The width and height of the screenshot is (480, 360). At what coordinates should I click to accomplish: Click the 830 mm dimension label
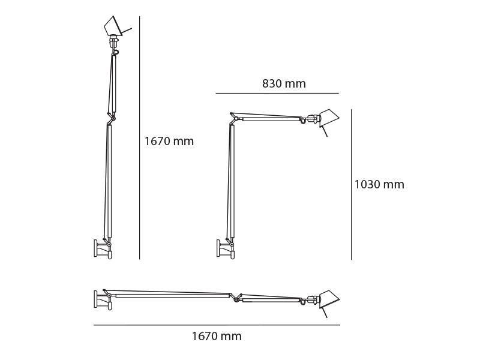click(x=284, y=84)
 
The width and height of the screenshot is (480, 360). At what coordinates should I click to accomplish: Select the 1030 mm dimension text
click(x=379, y=185)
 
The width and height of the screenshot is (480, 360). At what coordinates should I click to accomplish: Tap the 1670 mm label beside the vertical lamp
click(x=169, y=142)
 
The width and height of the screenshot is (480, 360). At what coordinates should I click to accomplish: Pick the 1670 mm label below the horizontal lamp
click(x=217, y=337)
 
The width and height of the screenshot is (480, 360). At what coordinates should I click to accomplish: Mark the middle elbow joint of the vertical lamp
click(x=110, y=118)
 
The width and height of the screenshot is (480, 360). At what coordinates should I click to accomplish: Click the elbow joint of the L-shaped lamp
click(x=232, y=119)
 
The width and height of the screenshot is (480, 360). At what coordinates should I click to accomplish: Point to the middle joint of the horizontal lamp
click(x=236, y=298)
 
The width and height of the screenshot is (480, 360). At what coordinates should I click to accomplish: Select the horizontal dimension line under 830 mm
click(x=277, y=94)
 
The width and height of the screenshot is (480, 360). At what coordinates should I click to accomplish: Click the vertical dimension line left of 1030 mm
click(x=351, y=185)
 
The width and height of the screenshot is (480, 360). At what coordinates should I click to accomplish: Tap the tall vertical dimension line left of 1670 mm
click(x=140, y=138)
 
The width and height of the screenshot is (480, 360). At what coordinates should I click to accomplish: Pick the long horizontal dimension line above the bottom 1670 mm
click(x=217, y=325)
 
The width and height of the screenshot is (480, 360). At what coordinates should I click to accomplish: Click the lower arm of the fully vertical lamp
click(x=109, y=180)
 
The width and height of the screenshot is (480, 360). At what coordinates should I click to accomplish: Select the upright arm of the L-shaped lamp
click(x=231, y=180)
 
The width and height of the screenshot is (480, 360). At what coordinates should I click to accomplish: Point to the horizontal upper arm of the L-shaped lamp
click(x=270, y=118)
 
